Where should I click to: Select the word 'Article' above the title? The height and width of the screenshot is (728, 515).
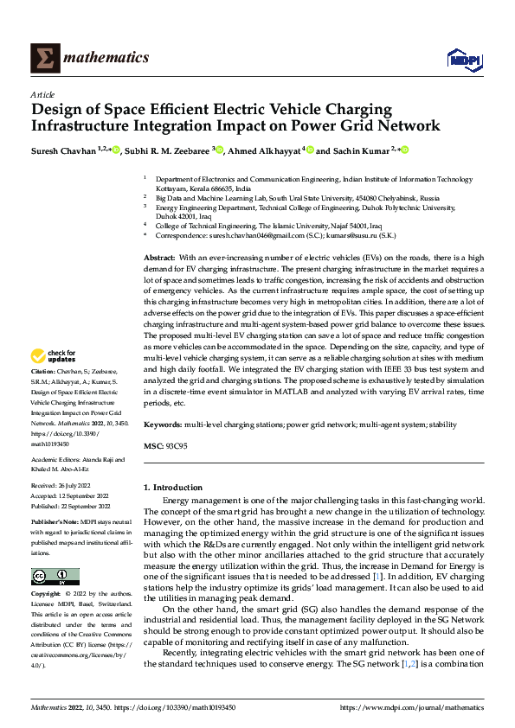click(x=42, y=94)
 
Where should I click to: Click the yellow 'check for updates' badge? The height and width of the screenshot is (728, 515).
click(x=54, y=357)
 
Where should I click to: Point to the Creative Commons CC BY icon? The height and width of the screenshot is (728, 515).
click(x=55, y=577)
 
